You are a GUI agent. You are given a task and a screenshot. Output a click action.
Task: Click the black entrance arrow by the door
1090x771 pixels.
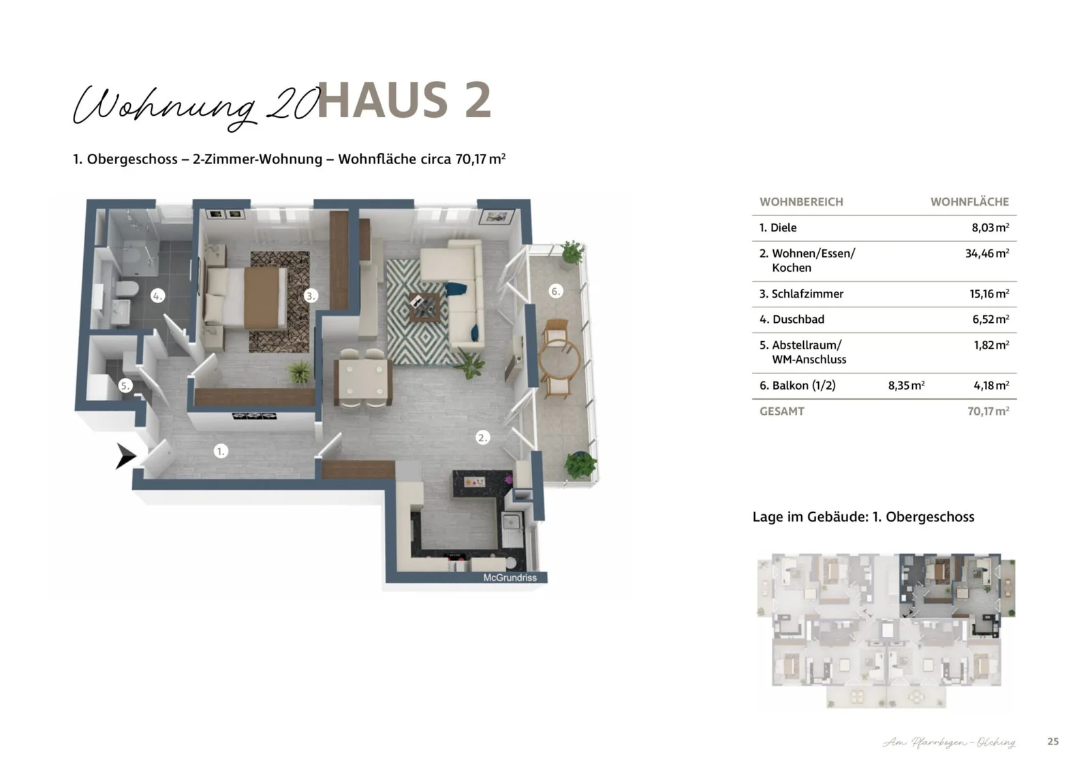coord(125,456)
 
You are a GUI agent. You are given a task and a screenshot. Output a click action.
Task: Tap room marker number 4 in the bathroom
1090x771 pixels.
coord(157,296)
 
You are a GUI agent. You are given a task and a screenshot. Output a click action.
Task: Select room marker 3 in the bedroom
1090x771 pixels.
coord(311,296)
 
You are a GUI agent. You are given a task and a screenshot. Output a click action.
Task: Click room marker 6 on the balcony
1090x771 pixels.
coord(556,292)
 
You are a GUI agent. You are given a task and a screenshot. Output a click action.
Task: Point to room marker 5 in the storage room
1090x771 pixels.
coord(125,385)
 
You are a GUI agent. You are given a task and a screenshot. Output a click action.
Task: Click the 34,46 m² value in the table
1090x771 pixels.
coord(986,253)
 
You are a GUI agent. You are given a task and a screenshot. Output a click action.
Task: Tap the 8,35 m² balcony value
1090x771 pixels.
coord(906,385)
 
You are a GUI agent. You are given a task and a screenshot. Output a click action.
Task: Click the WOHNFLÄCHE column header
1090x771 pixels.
coord(969,202)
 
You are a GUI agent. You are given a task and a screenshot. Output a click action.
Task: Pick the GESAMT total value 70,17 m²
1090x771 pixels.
coord(988,411)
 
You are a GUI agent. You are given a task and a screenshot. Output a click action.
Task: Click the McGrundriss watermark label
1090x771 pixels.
coord(510,578)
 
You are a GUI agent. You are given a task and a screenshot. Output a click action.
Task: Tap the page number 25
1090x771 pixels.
coord(1053,742)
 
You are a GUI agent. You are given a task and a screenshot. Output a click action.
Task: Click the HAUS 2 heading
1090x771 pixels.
coord(404,100)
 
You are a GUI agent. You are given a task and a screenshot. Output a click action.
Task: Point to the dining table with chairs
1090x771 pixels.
coord(363,379)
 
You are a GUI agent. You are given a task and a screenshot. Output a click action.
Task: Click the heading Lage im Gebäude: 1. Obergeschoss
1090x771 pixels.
coord(863,517)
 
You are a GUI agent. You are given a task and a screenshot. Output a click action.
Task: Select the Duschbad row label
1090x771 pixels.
coord(792,319)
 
